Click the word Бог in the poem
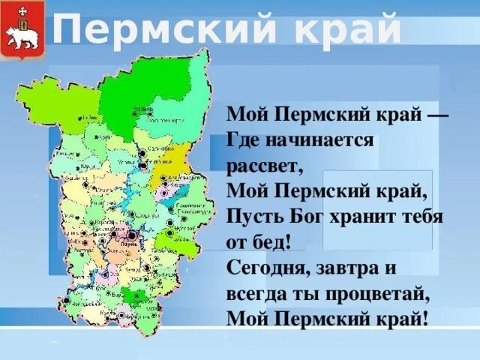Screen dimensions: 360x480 [308, 217]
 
